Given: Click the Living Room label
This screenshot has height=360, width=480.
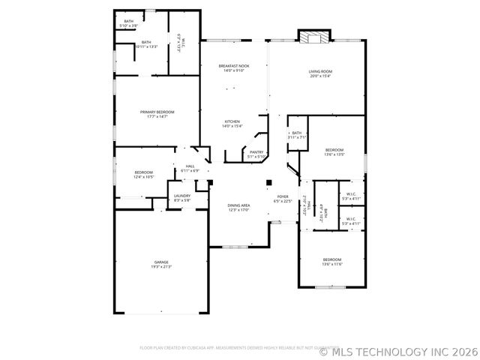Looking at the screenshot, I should (320, 71).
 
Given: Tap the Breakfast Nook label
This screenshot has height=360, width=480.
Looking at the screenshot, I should (234, 66).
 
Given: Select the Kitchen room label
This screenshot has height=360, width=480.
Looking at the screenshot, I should (232, 121).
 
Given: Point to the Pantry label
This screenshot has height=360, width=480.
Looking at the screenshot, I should (256, 151).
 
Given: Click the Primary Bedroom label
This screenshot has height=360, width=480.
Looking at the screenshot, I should (157, 112).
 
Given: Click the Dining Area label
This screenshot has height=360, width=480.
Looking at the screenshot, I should (238, 205).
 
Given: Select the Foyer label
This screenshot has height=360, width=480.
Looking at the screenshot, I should (282, 196).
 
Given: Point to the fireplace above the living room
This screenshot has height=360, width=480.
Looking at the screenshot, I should (313, 38).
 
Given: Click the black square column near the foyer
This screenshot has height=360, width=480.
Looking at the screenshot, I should (268, 181).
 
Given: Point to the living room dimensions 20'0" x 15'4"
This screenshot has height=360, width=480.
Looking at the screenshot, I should (320, 76).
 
